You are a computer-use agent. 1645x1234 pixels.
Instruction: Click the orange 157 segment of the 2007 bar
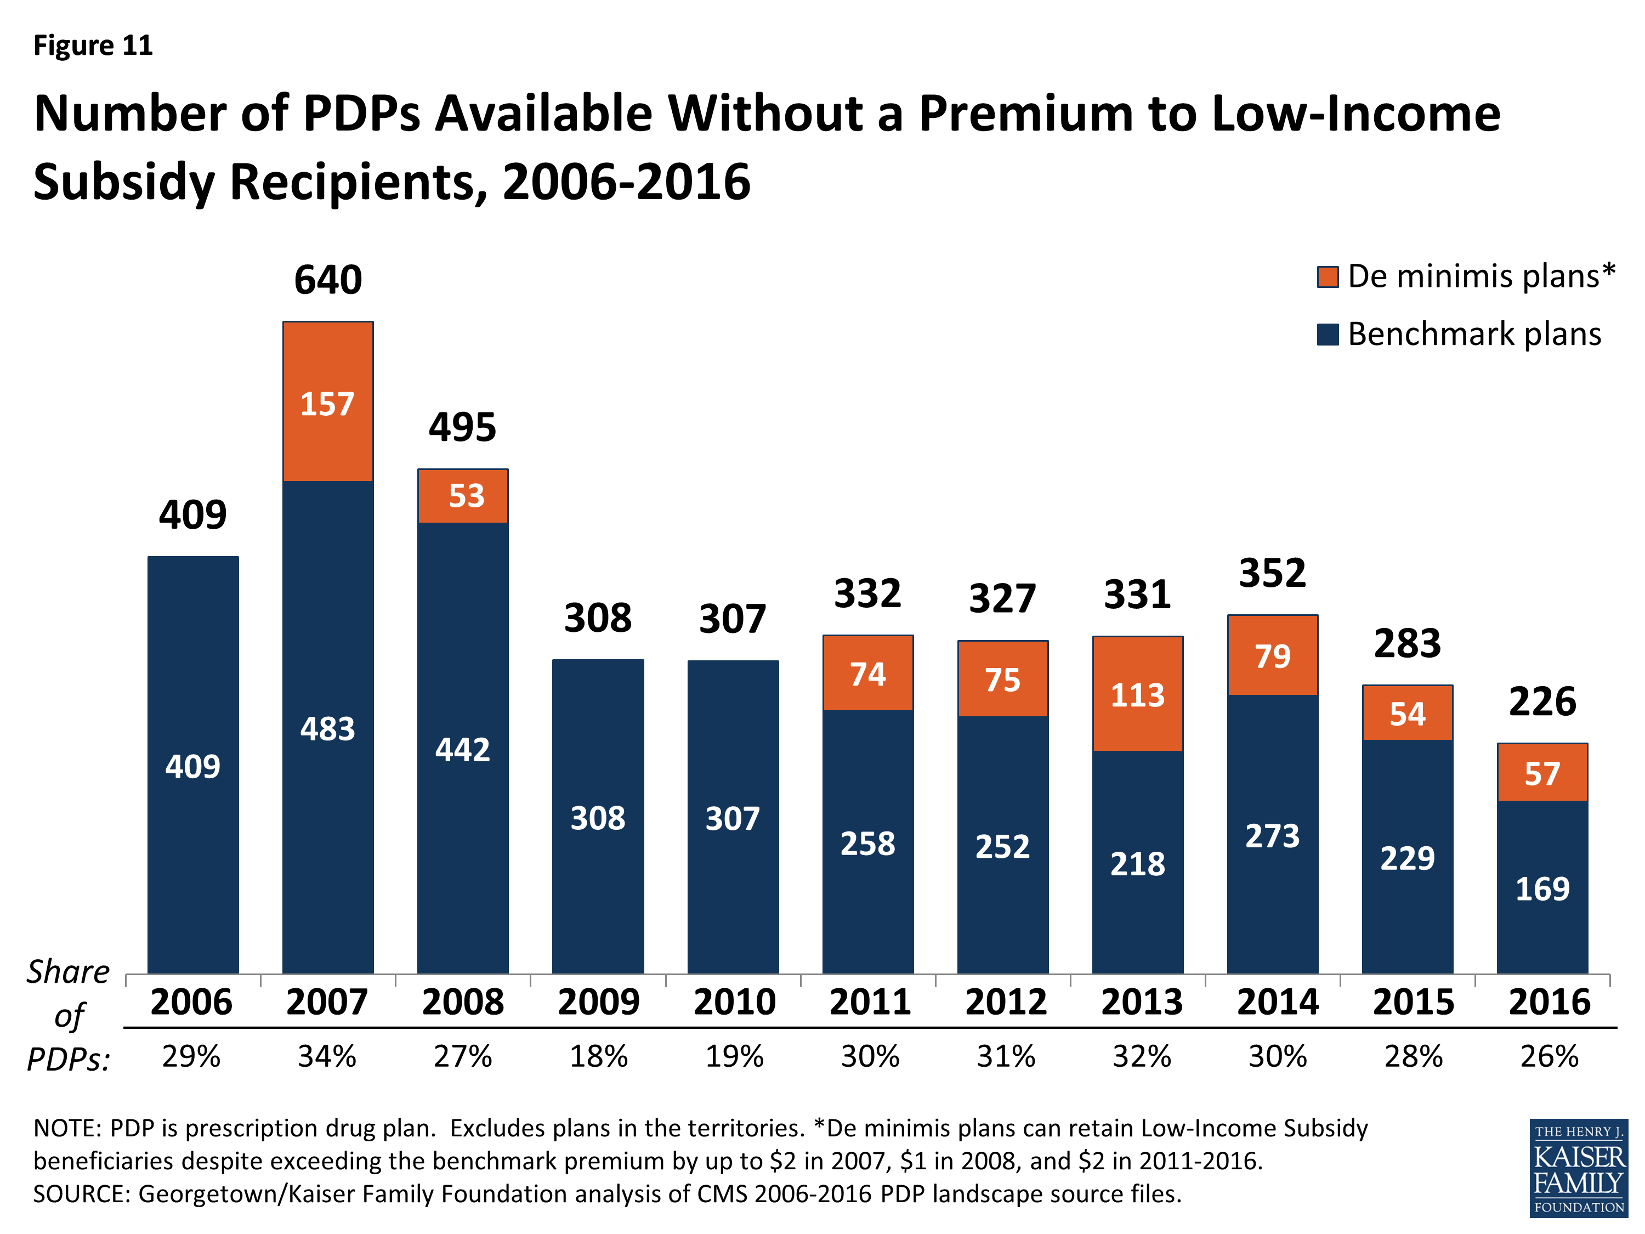[328, 403]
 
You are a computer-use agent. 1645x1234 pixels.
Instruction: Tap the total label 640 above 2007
[328, 280]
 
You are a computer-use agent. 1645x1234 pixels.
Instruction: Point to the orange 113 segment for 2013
[1137, 694]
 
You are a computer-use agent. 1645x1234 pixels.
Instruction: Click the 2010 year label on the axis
[734, 1002]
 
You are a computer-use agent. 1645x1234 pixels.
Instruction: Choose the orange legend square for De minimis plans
[1328, 277]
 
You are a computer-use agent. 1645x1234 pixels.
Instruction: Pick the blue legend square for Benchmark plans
[1328, 335]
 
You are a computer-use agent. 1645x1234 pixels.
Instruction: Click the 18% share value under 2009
[599, 1056]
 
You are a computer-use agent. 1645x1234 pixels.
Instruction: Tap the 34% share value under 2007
[327, 1056]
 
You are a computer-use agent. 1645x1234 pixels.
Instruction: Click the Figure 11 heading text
[93, 46]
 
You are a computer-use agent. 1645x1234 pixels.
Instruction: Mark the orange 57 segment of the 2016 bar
[1542, 773]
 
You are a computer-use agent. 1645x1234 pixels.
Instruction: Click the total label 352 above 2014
[1273, 573]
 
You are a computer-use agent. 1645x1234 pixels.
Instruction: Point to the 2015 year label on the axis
[1413, 1002]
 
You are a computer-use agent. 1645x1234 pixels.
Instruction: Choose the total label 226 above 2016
[1542, 701]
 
